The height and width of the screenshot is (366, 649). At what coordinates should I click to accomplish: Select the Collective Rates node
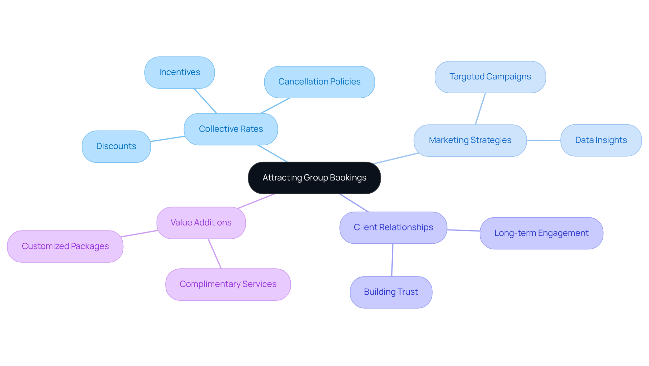(x=231, y=129)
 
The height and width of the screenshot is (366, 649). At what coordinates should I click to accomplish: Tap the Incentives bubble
(x=179, y=72)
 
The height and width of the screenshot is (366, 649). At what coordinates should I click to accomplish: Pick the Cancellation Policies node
(x=319, y=82)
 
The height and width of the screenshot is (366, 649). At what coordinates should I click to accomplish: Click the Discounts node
(x=116, y=146)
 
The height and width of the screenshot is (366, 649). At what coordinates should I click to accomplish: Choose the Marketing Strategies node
(x=470, y=140)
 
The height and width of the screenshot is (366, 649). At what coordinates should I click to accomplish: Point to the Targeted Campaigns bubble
(x=490, y=77)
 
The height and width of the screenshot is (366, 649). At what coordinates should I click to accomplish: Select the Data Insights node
(x=601, y=140)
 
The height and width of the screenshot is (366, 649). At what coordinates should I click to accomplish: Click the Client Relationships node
(x=393, y=227)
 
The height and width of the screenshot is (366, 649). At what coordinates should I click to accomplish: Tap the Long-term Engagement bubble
(x=541, y=233)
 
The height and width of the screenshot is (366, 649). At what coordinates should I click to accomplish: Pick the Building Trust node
(x=391, y=292)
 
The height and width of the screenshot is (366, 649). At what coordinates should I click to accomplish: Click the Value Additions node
(x=201, y=223)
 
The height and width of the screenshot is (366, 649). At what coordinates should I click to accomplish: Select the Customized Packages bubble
(x=65, y=246)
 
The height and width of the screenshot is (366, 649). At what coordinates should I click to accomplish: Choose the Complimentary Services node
(x=228, y=284)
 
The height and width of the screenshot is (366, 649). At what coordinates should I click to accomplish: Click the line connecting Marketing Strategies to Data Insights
(x=544, y=140)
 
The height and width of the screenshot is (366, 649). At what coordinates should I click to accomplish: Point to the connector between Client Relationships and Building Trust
(x=392, y=260)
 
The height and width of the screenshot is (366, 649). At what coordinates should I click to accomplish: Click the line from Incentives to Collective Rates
(x=205, y=101)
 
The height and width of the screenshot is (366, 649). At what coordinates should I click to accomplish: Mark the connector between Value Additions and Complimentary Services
(x=215, y=253)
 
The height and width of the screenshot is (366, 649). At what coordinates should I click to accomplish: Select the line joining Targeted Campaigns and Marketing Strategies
(x=480, y=109)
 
